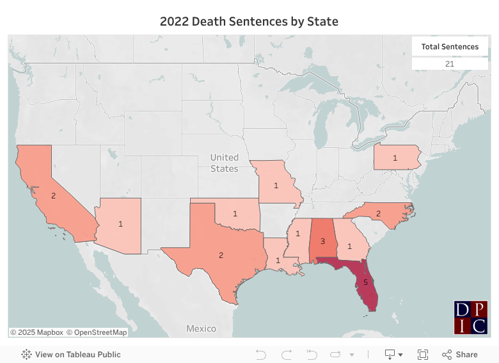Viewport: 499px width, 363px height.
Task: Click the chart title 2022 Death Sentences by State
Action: tap(249, 21)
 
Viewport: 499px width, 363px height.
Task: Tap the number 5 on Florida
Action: tap(365, 282)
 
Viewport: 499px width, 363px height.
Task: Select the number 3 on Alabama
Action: tap(323, 241)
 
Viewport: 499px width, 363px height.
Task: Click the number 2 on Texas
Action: tap(221, 255)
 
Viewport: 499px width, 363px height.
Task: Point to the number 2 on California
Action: tap(54, 195)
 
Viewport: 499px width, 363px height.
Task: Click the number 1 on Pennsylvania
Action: tap(395, 157)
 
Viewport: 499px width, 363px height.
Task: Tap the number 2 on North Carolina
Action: tap(378, 213)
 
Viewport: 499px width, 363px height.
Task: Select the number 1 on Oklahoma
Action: tap(235, 213)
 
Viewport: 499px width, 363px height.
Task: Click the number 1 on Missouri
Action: tap(276, 185)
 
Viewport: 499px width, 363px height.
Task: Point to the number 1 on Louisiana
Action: tap(278, 261)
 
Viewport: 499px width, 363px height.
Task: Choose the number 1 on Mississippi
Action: tap(297, 241)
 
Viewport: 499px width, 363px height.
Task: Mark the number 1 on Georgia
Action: tap(349, 245)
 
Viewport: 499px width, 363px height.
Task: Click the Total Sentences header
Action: tap(450, 47)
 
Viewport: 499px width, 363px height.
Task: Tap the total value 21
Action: tap(450, 64)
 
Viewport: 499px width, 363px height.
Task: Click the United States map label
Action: tap(225, 163)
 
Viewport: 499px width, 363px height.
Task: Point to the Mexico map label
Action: tap(201, 328)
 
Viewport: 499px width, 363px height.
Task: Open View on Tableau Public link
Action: tap(71, 354)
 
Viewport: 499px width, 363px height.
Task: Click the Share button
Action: tap(459, 354)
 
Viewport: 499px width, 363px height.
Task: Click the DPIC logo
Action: tap(471, 318)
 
